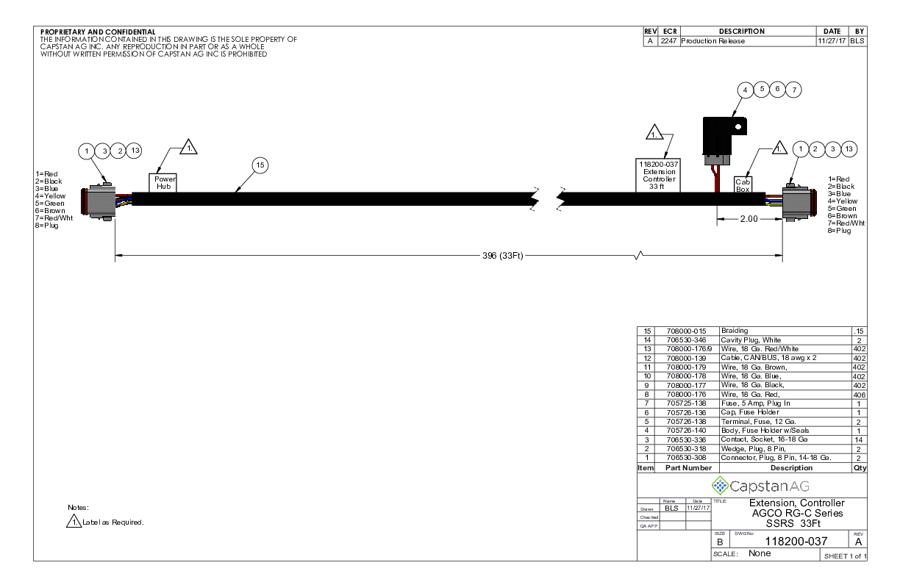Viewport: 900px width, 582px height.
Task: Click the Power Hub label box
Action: click(162, 183)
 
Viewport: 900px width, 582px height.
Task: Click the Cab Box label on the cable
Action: click(743, 184)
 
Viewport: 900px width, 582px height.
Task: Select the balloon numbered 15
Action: click(260, 165)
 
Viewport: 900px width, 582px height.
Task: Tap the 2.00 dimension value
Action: click(749, 219)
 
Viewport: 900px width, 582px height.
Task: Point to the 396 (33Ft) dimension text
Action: click(503, 256)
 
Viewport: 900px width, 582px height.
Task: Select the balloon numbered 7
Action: click(793, 90)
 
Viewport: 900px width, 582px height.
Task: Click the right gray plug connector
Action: click(799, 203)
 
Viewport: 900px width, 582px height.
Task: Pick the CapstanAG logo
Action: click(760, 486)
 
